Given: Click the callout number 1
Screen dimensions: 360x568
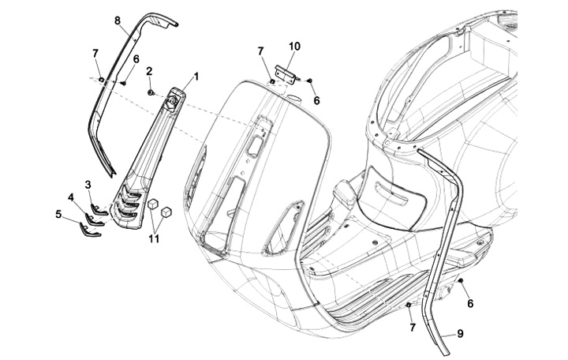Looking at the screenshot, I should coord(195,77).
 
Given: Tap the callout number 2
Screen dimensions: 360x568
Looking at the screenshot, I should coord(149,71).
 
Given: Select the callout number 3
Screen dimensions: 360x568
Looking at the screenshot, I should coord(88,185).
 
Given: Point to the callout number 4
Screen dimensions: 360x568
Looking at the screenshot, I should coord(71,197).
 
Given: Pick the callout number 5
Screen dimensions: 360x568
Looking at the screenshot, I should coord(58,212).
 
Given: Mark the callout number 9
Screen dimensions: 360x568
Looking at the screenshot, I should coord(460,333).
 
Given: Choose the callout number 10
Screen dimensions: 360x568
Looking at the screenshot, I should coord(293,47).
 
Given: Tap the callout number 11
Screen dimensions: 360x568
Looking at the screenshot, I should coord(155,238).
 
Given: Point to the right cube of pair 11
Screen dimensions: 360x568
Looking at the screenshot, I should coord(166,212).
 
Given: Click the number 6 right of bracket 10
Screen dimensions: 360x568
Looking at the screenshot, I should coord(316,100).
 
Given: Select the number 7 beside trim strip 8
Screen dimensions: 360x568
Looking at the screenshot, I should coord(95,53).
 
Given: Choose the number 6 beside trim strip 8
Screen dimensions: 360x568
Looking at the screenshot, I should coord(136,59).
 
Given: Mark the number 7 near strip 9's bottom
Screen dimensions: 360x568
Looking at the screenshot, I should coord(411,326).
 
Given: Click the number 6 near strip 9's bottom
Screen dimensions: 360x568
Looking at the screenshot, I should coord(471,303).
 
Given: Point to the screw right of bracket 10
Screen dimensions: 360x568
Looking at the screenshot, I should coord(309,81).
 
